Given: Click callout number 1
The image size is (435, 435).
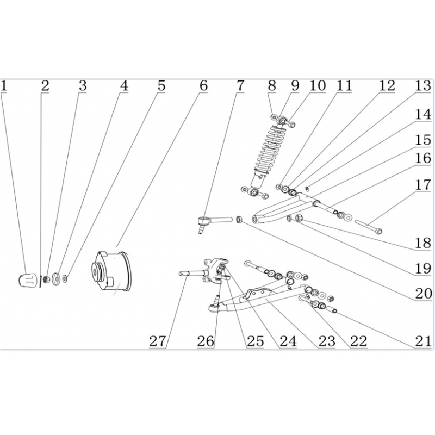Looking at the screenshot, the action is pos(4,86).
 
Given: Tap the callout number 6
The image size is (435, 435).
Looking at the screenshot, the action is pos(203,86).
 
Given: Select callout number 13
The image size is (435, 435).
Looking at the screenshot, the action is pos(423,86).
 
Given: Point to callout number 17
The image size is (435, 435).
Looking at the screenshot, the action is pos(423,185).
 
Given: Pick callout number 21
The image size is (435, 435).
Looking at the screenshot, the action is pos(424,341).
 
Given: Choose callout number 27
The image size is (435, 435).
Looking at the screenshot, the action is pos(158,341).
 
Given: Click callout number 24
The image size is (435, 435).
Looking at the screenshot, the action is pos(288,341).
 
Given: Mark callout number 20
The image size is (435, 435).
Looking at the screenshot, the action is pos(424,294).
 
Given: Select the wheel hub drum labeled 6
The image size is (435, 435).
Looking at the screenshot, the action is pos(112,271).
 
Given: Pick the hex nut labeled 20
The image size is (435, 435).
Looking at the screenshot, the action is pos(239,219).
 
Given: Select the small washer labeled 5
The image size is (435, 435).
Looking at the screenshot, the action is pos(65,278).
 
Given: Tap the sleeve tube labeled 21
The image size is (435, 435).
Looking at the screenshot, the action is pos(331,309).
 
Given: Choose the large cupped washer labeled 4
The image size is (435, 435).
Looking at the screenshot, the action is pos(56,278).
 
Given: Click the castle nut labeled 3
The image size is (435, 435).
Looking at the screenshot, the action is pos(47,279).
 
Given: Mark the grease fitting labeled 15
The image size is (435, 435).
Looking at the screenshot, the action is pos(307,189).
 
